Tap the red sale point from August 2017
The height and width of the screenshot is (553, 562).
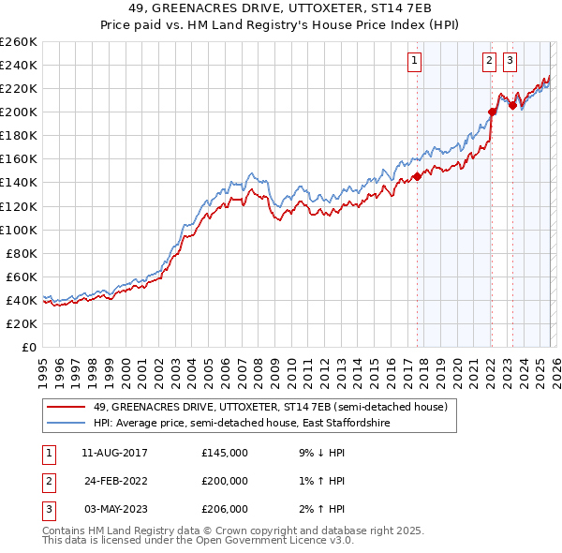417,177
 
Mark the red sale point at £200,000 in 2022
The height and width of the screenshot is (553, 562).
492,112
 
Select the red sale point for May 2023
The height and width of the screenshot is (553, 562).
512,105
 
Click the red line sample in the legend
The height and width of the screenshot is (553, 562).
67,407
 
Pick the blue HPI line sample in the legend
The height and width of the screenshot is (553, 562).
67,424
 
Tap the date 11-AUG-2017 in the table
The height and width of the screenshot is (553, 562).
114,453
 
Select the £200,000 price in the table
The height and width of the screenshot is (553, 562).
225,481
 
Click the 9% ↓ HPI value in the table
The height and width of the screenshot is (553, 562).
320,453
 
